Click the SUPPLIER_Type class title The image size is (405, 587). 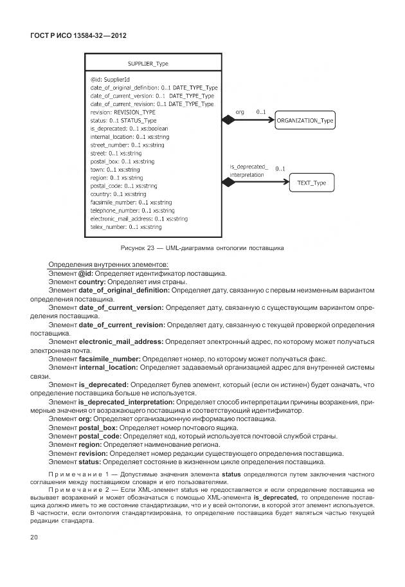[x=148, y=64]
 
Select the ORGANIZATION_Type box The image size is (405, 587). [x=305, y=120]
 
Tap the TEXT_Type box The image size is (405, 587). [x=312, y=183]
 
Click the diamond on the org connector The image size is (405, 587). [x=228, y=120]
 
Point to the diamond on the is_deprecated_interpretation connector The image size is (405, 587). [x=228, y=183]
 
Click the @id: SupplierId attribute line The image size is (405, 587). [x=111, y=80]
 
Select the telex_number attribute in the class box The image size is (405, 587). [x=126, y=227]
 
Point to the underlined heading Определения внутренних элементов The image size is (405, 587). [x=109, y=265]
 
